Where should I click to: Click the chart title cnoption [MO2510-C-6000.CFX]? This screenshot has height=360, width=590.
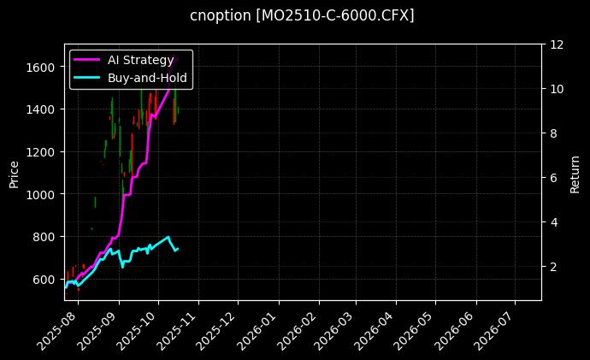point(302,16)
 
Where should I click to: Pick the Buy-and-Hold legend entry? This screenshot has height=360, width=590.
point(147,77)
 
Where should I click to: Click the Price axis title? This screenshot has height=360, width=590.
point(14,172)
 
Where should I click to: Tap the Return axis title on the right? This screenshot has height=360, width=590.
point(576,172)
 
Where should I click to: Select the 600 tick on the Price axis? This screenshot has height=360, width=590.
point(46,280)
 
